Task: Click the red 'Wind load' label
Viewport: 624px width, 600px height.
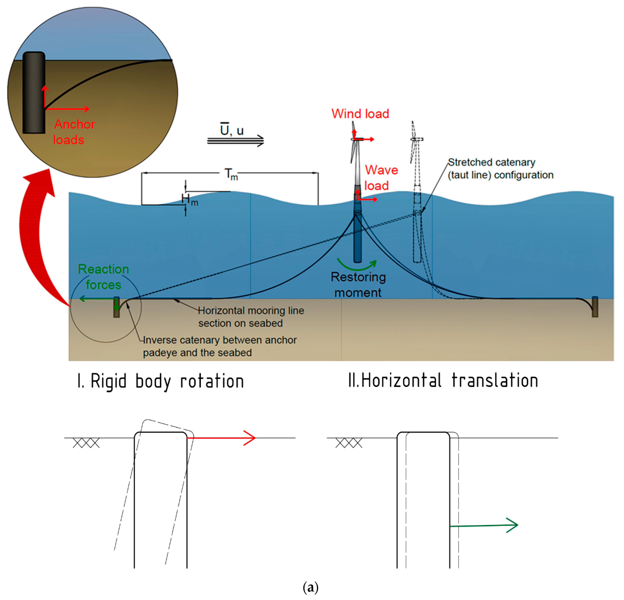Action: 360,114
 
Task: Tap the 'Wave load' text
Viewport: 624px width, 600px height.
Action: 381,178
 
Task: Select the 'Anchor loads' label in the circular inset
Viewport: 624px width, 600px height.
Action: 74,132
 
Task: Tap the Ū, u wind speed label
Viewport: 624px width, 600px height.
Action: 232,130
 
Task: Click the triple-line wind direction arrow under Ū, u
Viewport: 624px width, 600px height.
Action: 236,140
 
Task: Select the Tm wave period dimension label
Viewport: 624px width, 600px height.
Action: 231,174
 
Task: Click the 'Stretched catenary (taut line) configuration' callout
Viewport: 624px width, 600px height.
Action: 500,169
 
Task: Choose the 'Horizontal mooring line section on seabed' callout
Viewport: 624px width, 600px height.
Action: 251,317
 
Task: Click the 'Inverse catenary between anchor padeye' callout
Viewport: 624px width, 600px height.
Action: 220,346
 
